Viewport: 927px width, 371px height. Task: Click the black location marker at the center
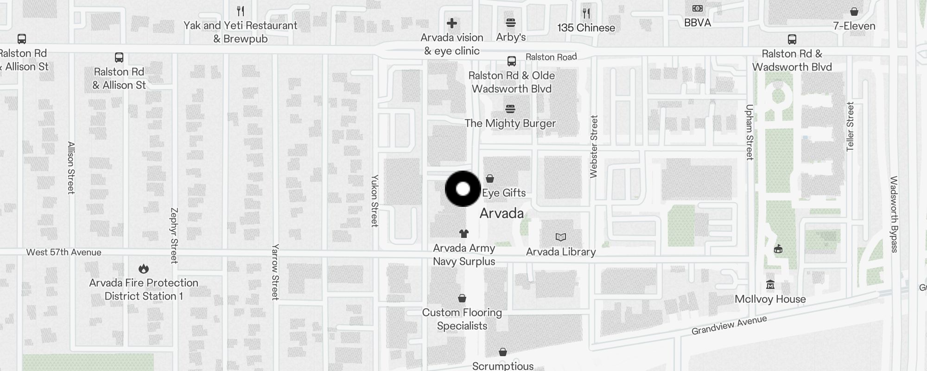(463, 189)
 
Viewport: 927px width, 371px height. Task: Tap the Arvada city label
(502, 213)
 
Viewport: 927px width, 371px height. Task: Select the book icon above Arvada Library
(561, 237)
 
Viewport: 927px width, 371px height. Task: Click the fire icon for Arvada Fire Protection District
(144, 269)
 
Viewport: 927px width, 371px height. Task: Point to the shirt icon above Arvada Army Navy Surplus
(464, 234)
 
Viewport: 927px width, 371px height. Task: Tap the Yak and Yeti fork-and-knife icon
(240, 11)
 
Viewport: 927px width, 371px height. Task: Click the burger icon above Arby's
(511, 23)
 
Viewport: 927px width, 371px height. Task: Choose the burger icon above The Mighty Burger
(510, 109)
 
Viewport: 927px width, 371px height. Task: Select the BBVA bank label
(697, 22)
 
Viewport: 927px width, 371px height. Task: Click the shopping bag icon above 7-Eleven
(854, 12)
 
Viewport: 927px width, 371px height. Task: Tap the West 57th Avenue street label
(63, 252)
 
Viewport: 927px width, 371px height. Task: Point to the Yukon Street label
(375, 201)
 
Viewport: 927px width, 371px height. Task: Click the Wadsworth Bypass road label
(894, 214)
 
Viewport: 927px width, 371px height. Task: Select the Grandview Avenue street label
(729, 325)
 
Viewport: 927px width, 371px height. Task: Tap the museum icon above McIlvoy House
(770, 284)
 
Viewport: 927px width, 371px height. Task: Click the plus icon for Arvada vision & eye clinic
(452, 23)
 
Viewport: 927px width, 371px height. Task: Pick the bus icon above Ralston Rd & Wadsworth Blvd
(792, 39)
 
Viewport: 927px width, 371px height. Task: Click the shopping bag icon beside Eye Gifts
(490, 179)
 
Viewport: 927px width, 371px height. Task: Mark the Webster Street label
(594, 147)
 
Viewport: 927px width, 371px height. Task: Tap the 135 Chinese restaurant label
(586, 28)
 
